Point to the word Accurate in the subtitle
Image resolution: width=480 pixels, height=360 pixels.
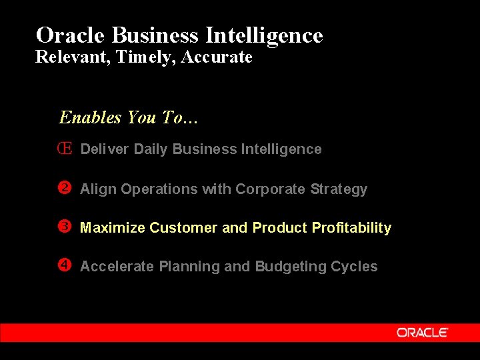point(217,57)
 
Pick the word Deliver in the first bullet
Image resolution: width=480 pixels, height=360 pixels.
point(105,149)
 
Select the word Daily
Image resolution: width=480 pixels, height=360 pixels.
point(151,149)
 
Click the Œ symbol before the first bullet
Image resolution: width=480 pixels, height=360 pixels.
point(65,149)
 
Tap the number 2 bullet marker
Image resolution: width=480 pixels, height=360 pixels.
point(65,188)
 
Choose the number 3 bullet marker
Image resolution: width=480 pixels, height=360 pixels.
point(65,227)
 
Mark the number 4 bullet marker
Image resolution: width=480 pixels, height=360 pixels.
point(65,265)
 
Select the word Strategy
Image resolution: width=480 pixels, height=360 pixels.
point(339,189)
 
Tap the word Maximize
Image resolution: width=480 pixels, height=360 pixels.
point(112,228)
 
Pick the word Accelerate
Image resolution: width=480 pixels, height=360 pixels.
point(117,267)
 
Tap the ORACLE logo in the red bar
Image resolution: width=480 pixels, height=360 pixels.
point(423,332)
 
